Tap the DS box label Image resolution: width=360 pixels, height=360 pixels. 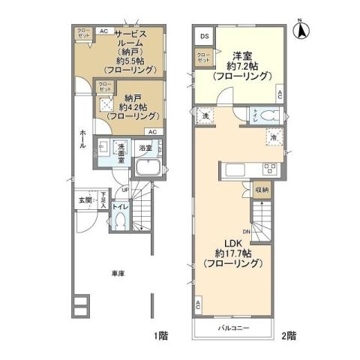[x=203, y=36]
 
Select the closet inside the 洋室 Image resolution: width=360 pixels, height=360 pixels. [x=203, y=58]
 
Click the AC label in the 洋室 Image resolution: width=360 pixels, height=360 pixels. [x=279, y=94]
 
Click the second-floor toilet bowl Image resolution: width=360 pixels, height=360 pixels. [x=271, y=115]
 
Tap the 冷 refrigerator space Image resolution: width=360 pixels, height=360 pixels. [x=274, y=137]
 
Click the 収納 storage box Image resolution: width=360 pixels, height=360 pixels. [x=261, y=190]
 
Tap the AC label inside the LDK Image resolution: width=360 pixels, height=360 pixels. [x=199, y=305]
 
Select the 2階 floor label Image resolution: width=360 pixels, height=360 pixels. [x=289, y=334]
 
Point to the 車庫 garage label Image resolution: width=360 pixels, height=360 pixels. [x=118, y=274]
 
